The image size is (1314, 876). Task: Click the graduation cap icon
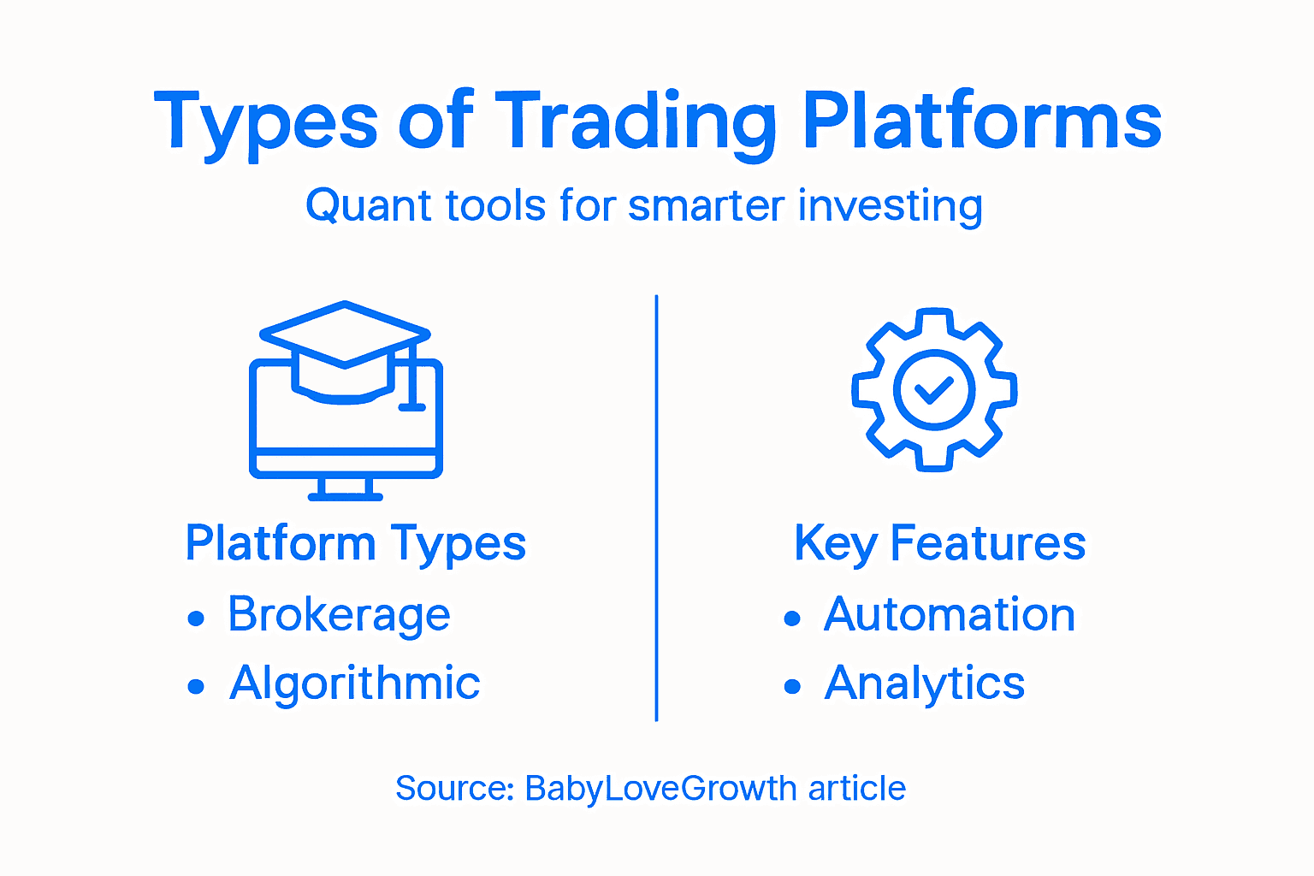tap(344, 342)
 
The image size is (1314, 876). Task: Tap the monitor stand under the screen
tap(345, 488)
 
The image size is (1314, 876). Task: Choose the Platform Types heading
tap(355, 543)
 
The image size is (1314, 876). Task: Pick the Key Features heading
tap(939, 543)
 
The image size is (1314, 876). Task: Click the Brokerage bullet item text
tap(339, 614)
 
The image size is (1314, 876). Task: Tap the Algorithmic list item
tap(354, 683)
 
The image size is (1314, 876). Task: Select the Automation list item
tap(949, 614)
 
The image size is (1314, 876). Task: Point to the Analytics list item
tap(924, 683)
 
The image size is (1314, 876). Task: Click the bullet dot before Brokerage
tap(196, 618)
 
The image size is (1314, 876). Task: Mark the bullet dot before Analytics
tap(792, 686)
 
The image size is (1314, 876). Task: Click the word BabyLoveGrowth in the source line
tap(660, 788)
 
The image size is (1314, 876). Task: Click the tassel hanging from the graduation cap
tap(411, 381)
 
